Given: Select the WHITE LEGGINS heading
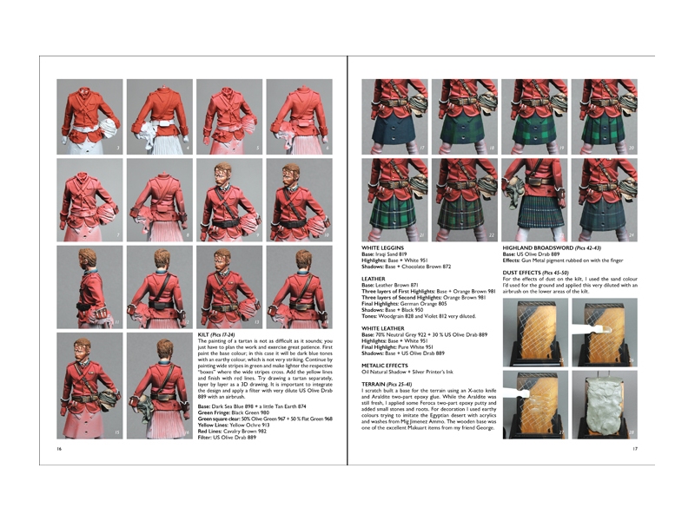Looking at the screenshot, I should pos(383,247).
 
